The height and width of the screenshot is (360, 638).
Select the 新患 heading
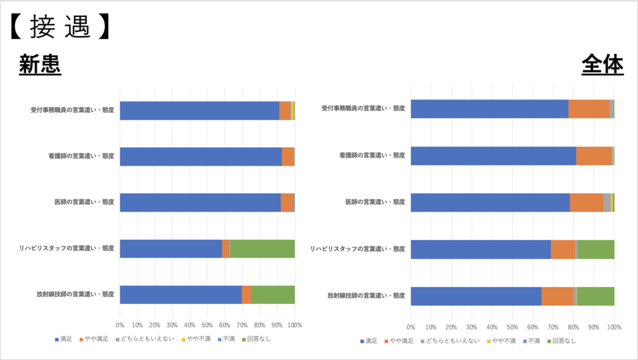tap(40, 65)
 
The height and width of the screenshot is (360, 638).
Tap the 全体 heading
tap(602, 65)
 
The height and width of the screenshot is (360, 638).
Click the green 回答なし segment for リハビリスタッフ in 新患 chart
tap(262, 249)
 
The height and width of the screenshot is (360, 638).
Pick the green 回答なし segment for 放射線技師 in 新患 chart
tap(273, 295)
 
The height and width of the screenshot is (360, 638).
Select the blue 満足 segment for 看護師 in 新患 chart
tap(201, 156)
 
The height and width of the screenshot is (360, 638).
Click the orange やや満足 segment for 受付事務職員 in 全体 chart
tap(589, 108)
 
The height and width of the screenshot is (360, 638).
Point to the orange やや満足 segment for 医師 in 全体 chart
tap(586, 202)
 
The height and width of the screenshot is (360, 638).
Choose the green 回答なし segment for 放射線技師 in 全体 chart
tap(596, 296)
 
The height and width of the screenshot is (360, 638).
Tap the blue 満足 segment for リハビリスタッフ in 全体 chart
tap(480, 249)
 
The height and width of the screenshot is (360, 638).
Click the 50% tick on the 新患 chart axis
tap(207, 325)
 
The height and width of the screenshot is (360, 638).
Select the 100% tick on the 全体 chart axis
tap(614, 327)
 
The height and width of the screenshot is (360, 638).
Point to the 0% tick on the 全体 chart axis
tap(411, 327)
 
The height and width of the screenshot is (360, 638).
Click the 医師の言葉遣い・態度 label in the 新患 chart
tap(84, 202)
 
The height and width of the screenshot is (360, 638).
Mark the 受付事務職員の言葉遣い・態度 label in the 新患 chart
tap(72, 110)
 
